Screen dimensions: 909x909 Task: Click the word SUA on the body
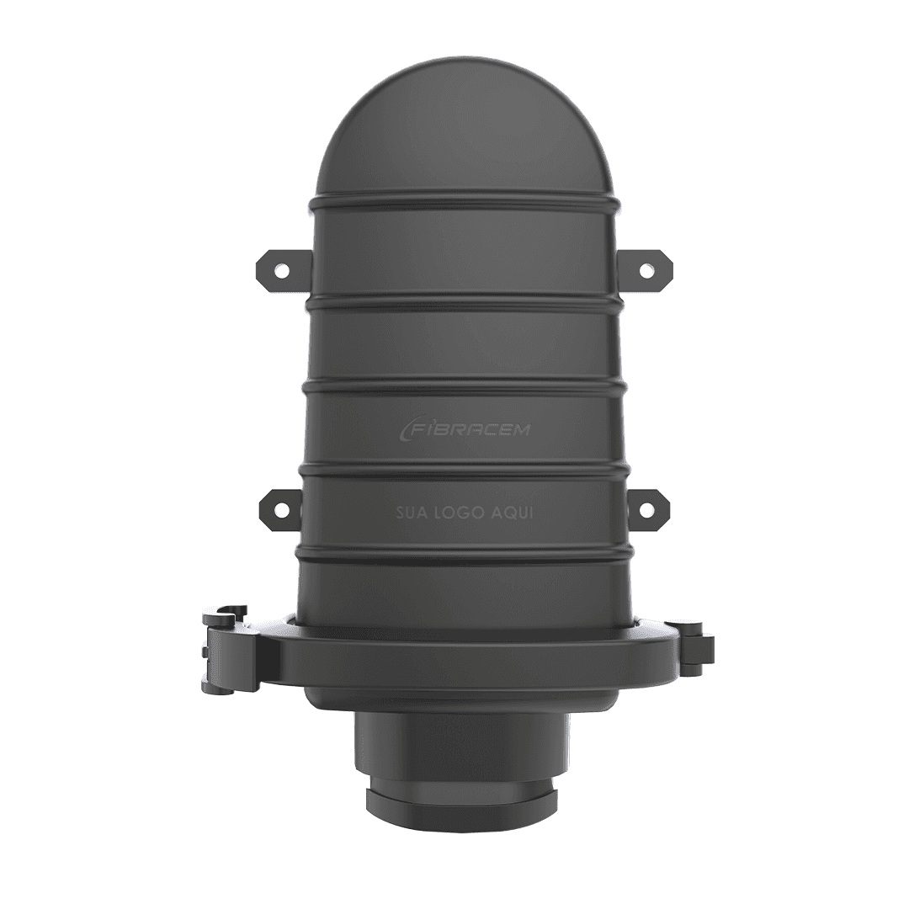[411, 514]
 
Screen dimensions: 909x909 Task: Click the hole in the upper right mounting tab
[646, 269]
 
